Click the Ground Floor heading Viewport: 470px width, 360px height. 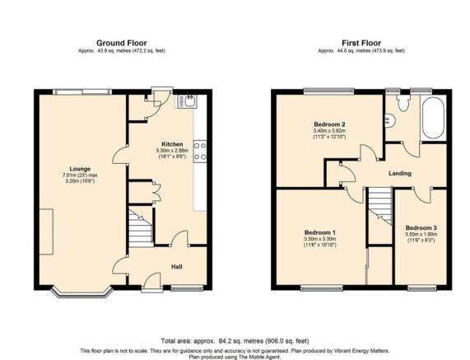click(x=121, y=43)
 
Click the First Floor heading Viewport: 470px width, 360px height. click(x=361, y=43)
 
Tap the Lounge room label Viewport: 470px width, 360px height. click(x=80, y=169)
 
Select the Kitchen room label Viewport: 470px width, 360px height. click(x=172, y=144)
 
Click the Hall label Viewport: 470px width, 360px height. click(x=176, y=267)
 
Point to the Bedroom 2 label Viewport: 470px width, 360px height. click(x=329, y=124)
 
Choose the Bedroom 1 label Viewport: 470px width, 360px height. click(x=320, y=232)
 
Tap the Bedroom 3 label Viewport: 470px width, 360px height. click(x=421, y=228)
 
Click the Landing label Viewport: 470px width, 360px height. click(x=400, y=173)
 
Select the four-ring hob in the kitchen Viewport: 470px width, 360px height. click(x=200, y=152)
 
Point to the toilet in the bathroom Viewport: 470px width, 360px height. click(x=403, y=103)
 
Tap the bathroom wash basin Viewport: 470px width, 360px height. click(x=390, y=120)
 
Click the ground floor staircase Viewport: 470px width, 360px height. click(x=140, y=229)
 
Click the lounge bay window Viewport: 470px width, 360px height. click(x=81, y=292)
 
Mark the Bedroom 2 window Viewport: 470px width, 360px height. click(x=328, y=91)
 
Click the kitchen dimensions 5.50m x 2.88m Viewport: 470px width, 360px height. click(x=173, y=151)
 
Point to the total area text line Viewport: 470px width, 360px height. click(x=235, y=341)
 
